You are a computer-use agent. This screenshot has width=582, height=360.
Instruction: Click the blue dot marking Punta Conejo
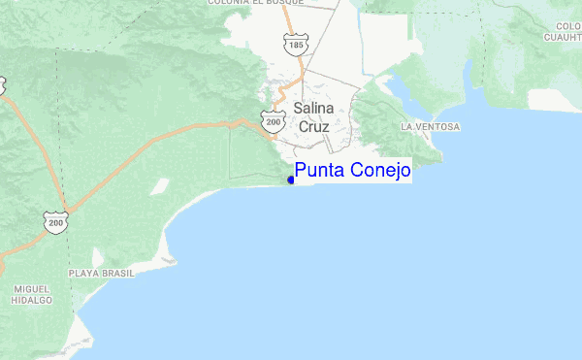[x=291, y=179]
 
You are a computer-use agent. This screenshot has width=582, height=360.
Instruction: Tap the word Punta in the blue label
[x=318, y=172]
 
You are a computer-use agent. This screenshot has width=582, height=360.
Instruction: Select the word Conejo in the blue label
[x=378, y=172]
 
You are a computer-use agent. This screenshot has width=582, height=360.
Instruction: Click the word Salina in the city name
[x=313, y=109]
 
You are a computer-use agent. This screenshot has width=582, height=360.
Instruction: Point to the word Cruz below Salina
[x=313, y=126]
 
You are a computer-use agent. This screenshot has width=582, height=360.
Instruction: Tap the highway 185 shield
[x=293, y=44]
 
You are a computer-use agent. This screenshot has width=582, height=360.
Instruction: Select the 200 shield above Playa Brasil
[x=56, y=223]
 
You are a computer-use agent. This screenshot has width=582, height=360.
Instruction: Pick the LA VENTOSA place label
[x=430, y=127]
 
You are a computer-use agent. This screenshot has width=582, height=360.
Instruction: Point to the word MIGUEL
[x=32, y=289]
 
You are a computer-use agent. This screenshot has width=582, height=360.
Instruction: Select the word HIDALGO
[x=32, y=301]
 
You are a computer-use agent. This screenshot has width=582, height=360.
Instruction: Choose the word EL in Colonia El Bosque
[x=273, y=3]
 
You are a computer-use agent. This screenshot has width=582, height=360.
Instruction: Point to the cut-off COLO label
[x=568, y=25]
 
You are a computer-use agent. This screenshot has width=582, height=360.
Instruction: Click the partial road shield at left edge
[x=2, y=84]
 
